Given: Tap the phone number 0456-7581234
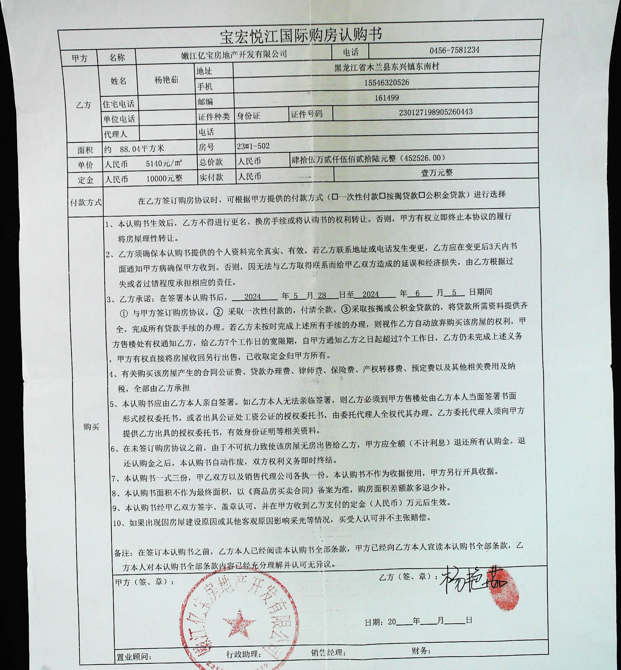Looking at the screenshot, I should point(454,50).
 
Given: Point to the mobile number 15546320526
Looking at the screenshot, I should point(386,83).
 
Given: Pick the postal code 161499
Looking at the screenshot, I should point(386,98).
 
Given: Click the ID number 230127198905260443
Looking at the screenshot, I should point(436,112).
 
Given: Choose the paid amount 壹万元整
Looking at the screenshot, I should point(437,173).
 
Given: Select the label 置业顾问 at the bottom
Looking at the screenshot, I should point(133,656).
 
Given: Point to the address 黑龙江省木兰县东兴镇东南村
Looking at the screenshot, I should point(386,67).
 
